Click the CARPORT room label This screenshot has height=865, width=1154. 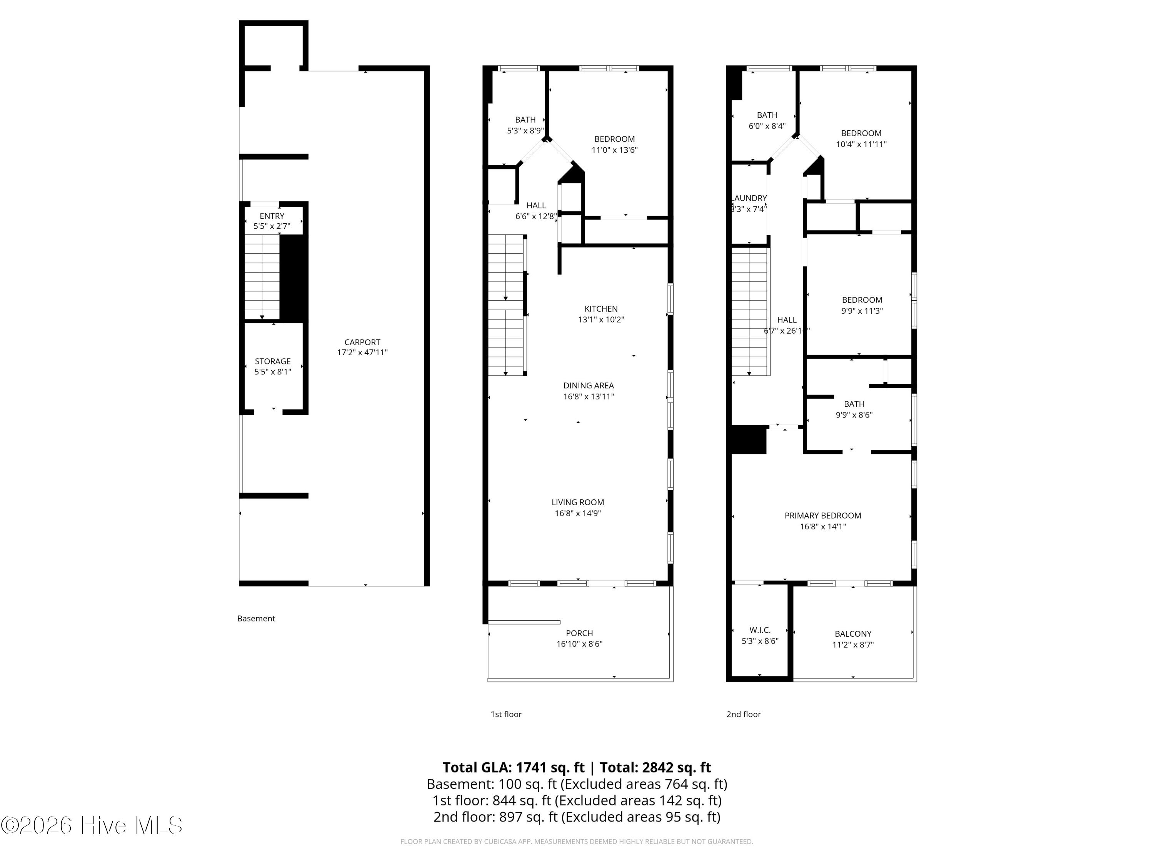point(362,343)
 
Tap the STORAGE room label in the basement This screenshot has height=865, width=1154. point(272,361)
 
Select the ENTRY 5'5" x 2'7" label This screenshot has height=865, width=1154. point(272,221)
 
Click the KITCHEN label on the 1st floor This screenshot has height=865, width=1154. point(600,309)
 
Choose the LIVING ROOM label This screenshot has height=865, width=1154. point(577,502)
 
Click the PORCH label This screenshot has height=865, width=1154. point(579,633)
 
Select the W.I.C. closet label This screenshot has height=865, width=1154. point(760,630)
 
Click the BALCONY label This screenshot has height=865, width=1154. point(852,634)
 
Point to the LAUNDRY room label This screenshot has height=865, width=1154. point(750,198)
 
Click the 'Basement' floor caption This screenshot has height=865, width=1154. point(256,618)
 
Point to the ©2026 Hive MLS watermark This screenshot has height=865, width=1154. point(91,825)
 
